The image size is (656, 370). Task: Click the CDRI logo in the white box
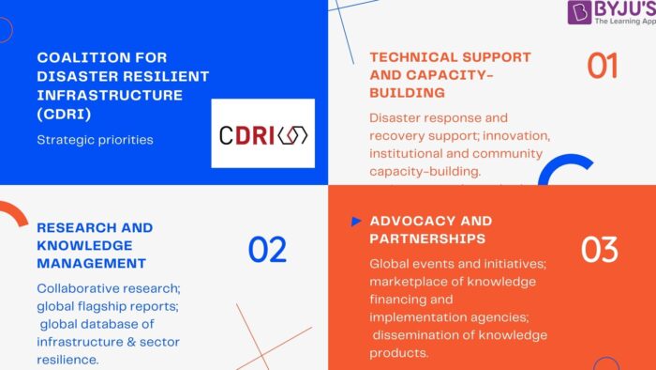pos(262,133)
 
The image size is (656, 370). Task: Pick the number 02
pos(267,249)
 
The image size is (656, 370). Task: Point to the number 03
pos(599,249)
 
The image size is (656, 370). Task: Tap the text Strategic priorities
pos(95,140)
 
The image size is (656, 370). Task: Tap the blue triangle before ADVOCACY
pos(356,222)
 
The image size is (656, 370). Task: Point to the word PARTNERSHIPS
pos(427,239)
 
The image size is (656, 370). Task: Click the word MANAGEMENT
pos(92,263)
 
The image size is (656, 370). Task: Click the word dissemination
pos(421,335)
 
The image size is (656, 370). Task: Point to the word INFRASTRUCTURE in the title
pos(102,94)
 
